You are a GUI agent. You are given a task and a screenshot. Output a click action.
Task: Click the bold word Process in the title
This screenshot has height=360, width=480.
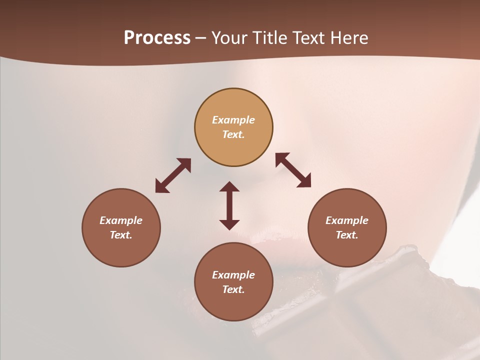click(x=157, y=38)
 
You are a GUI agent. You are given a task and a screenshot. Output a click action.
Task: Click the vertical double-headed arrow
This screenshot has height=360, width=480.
click(x=229, y=205)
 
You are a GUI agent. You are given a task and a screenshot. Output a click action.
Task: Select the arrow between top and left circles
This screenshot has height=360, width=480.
click(x=173, y=175)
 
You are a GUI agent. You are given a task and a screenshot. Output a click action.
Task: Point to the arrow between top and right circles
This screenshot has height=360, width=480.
click(x=293, y=170)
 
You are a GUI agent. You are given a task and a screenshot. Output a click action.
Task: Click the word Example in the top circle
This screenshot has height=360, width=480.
click(x=233, y=120)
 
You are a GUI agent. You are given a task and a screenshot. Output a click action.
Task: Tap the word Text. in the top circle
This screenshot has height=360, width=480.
click(x=233, y=134)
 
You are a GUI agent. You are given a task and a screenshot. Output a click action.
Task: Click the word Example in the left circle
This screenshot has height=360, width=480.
click(x=121, y=220)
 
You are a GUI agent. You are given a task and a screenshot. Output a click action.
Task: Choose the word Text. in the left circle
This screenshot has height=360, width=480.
click(x=121, y=235)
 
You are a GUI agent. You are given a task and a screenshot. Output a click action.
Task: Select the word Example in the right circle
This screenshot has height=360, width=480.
click(x=347, y=220)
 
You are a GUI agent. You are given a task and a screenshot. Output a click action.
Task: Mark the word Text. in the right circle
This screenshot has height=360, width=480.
click(x=347, y=235)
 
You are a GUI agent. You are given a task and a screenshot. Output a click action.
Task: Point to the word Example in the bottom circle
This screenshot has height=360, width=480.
click(x=233, y=275)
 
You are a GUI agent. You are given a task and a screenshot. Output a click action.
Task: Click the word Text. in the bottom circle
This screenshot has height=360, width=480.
click(x=233, y=289)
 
